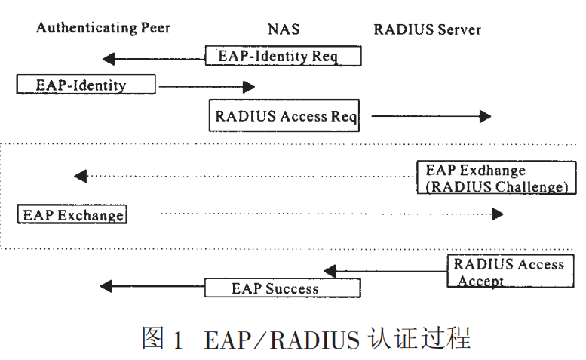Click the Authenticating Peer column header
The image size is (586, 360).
tap(103, 28)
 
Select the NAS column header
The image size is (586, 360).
tap(284, 29)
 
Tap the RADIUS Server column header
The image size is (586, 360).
tap(427, 29)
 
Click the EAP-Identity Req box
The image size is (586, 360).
tap(283, 57)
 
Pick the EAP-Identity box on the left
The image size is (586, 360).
tap(85, 84)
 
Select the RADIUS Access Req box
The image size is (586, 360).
tap(284, 117)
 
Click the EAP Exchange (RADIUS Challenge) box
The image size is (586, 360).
tap(496, 179)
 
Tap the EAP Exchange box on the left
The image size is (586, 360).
tap(72, 214)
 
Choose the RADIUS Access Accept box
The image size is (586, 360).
tap(510, 272)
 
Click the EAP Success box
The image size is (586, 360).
tap(282, 288)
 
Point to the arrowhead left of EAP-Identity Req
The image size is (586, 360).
tap(109, 58)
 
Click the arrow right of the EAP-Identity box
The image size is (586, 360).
tap(192, 87)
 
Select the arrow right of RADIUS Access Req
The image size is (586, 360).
tap(431, 116)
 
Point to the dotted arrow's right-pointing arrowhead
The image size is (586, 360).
tap(498, 214)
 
